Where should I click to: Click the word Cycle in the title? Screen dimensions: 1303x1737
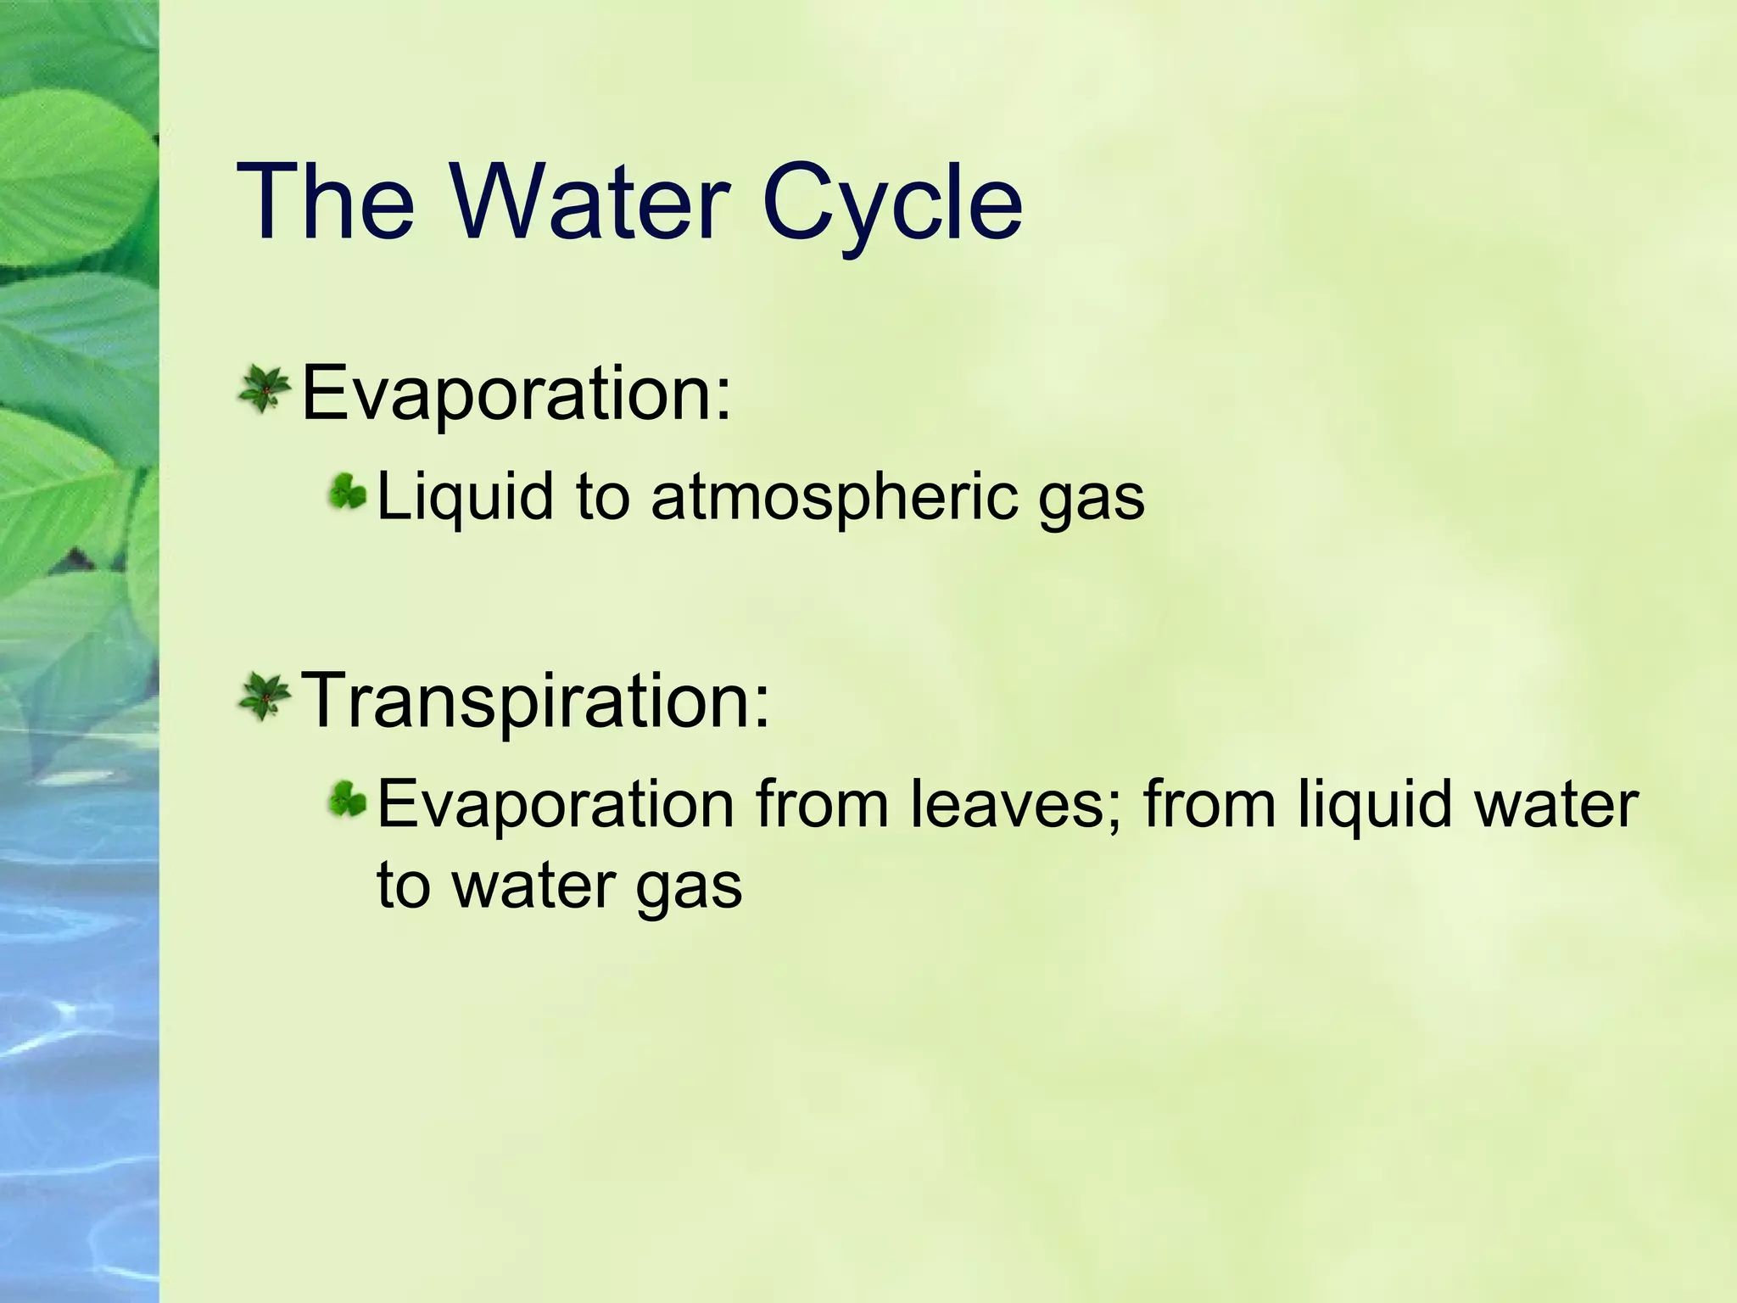tap(892, 204)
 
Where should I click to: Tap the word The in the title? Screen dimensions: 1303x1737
tap(327, 204)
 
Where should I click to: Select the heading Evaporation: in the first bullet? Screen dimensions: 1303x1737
tap(516, 393)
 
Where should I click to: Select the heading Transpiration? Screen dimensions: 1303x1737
tap(536, 701)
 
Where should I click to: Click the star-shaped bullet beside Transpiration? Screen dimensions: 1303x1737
tap(265, 697)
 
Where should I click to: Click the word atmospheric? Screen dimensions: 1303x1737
tap(834, 497)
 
